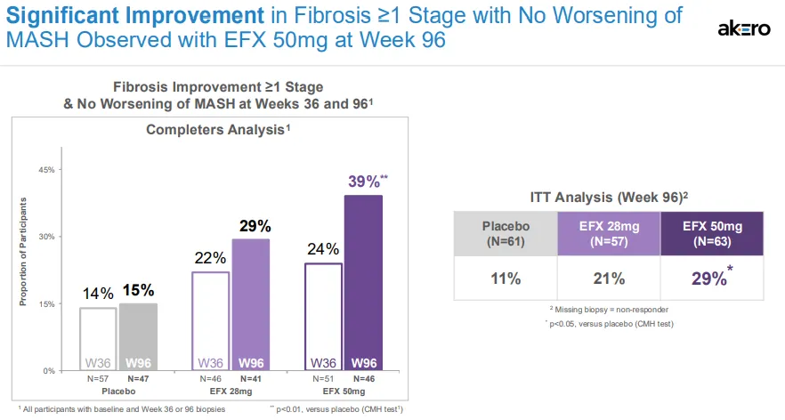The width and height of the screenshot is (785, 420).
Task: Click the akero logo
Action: (744, 28)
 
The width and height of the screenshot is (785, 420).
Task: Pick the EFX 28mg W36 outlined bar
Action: (210, 320)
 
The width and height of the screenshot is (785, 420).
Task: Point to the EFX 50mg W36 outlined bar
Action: (323, 316)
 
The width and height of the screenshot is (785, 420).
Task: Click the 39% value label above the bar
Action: (364, 181)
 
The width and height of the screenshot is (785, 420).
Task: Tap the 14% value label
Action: (99, 293)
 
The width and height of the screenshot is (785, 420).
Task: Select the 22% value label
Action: (210, 257)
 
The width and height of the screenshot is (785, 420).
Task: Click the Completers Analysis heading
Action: (219, 130)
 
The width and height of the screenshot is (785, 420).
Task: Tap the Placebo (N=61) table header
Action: (505, 233)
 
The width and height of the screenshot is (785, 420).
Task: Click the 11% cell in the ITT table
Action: (505, 279)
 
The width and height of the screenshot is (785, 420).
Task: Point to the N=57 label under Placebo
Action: (98, 379)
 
